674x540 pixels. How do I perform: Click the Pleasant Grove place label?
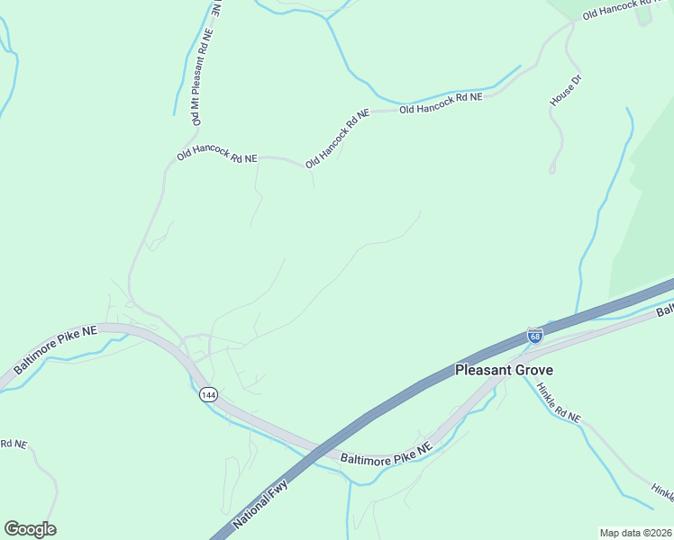(x=504, y=370)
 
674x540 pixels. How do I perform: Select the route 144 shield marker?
(x=208, y=395)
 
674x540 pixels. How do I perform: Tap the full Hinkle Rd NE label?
(x=559, y=403)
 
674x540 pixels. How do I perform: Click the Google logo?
(x=31, y=529)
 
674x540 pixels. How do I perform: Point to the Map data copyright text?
(x=635, y=533)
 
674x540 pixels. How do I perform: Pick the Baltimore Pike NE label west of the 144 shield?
(x=54, y=351)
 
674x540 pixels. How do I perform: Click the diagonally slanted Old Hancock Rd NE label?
(x=338, y=139)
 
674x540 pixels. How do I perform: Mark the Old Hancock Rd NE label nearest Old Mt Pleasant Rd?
(x=217, y=157)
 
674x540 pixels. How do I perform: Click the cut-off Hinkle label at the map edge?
(x=662, y=490)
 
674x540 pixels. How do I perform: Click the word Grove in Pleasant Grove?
(x=534, y=370)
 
